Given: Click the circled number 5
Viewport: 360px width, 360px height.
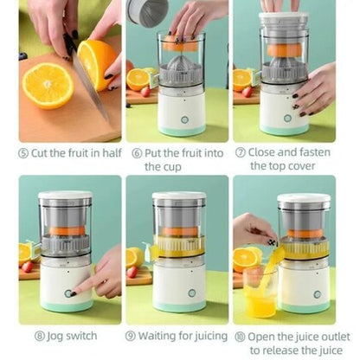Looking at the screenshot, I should (24, 153).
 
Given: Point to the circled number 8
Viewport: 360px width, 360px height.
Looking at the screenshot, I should (42, 336).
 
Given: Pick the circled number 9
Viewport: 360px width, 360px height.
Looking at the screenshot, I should (131, 336).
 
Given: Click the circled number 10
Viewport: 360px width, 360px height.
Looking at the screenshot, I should (238, 336).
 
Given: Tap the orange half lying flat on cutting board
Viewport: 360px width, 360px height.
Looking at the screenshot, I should (48, 84).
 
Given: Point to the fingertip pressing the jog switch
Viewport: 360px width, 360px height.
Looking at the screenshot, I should (76, 291).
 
